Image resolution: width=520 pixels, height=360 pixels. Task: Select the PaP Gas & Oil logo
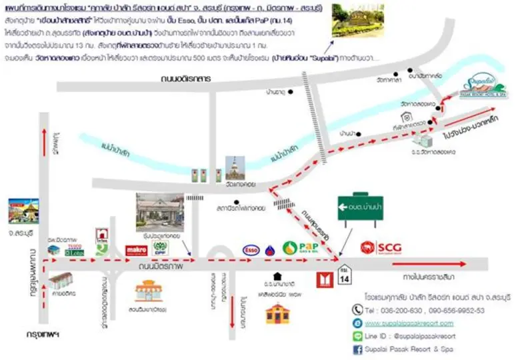pos(299,248)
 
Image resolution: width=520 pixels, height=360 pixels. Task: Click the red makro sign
pos(136,250)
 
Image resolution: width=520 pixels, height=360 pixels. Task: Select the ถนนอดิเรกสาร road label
pos(186,79)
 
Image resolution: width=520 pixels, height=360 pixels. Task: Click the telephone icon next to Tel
pos(357,309)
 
